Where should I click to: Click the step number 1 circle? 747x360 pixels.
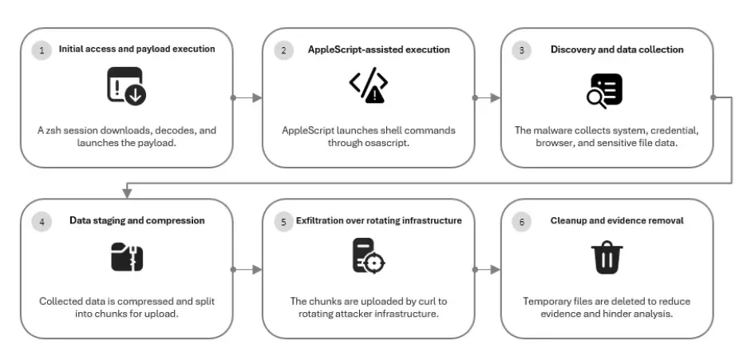[x=42, y=50]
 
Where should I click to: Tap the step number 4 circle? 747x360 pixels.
[x=42, y=222]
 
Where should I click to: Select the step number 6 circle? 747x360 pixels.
[x=522, y=222]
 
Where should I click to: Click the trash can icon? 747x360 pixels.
[x=607, y=258]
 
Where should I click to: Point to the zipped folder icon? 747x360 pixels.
[x=127, y=257]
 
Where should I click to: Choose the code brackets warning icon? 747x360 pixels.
[x=368, y=85]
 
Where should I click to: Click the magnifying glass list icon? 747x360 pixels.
[x=604, y=90]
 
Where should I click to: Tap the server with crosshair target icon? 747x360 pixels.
[x=368, y=255]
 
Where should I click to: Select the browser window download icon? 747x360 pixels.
[x=127, y=86]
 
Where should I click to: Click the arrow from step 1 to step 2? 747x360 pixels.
[x=247, y=97]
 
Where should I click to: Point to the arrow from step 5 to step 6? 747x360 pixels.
[x=487, y=270]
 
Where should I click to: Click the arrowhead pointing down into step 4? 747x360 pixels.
[x=127, y=193]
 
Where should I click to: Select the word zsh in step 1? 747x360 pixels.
[x=54, y=130]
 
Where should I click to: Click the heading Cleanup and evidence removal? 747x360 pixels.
[x=617, y=220]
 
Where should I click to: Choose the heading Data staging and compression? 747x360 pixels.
[x=137, y=220]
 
